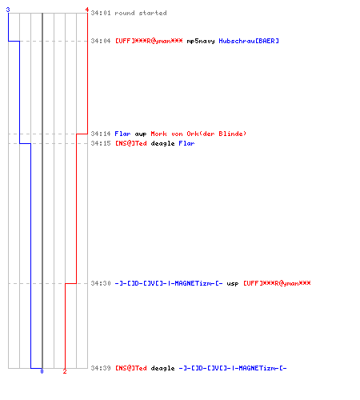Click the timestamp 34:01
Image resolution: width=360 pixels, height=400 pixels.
(x=101, y=13)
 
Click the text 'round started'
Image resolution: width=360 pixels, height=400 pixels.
(x=141, y=13)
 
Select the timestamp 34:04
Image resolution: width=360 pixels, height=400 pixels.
(x=101, y=41)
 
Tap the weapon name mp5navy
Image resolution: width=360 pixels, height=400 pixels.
(x=201, y=41)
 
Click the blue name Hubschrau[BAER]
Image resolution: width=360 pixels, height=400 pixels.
(x=249, y=41)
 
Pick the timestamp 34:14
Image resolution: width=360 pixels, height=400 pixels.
(x=101, y=134)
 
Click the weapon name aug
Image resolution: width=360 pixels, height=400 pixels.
(x=141, y=134)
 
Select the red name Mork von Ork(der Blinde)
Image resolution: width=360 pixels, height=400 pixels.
(x=198, y=134)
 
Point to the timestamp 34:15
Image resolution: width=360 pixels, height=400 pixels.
(x=101, y=143)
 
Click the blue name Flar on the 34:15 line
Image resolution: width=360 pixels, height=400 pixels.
(x=186, y=143)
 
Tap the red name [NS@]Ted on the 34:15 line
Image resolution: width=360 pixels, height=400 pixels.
(x=131, y=143)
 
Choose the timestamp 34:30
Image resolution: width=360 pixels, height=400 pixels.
(x=101, y=283)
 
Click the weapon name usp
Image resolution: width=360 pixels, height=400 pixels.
(x=233, y=284)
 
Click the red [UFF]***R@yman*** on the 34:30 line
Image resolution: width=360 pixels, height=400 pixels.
(x=277, y=283)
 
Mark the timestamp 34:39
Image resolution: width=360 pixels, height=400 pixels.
(x=101, y=368)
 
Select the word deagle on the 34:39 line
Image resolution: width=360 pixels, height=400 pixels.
(x=162, y=368)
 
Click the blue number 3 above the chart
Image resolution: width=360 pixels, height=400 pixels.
(x=8, y=10)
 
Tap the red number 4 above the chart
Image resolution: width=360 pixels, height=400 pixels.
(x=87, y=10)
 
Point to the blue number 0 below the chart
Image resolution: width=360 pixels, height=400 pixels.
(x=42, y=371)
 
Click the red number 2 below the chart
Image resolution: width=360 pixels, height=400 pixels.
(x=65, y=371)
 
